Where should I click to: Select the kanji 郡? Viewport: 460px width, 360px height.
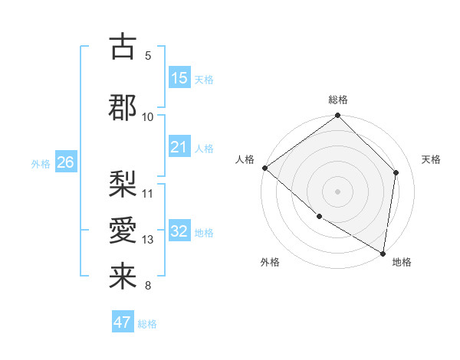click(x=123, y=107)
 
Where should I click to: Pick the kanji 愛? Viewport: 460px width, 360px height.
click(x=123, y=231)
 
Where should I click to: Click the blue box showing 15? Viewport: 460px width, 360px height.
click(x=179, y=78)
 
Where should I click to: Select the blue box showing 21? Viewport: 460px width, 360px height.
click(x=179, y=147)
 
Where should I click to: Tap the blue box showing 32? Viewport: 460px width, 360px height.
click(x=179, y=231)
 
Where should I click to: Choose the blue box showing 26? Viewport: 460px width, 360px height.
click(x=66, y=162)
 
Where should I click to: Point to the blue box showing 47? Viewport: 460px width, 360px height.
click(x=123, y=322)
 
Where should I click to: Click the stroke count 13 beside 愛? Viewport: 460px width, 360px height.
click(x=148, y=240)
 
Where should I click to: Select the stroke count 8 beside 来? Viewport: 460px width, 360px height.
click(x=147, y=286)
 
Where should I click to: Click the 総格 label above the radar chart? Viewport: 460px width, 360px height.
click(x=338, y=100)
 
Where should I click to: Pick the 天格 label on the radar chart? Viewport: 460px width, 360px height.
click(x=431, y=159)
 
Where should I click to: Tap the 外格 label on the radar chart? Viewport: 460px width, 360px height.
click(x=270, y=262)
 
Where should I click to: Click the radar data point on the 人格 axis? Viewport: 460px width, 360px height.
click(x=264, y=168)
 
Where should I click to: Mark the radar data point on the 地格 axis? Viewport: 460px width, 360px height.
click(x=383, y=253)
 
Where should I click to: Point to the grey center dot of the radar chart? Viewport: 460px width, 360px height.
click(x=337, y=191)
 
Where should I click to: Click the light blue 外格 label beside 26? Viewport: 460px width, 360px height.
click(x=41, y=163)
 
